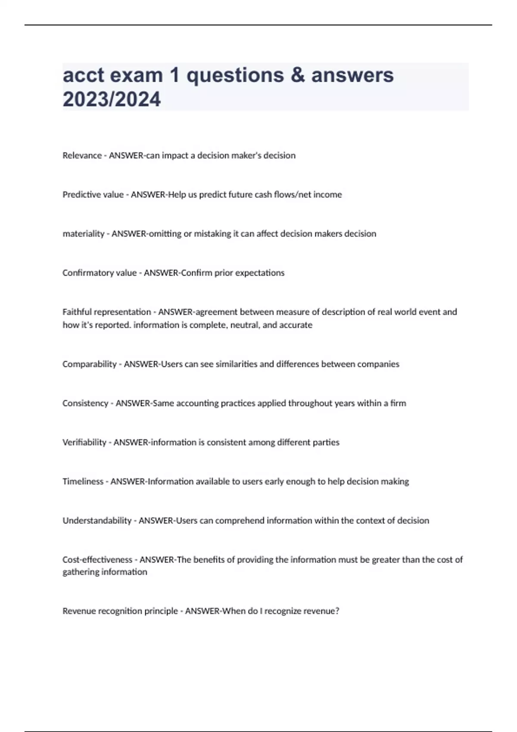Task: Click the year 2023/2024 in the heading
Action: (112, 99)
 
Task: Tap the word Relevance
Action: (82, 155)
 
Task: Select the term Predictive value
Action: (93, 195)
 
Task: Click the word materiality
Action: (84, 234)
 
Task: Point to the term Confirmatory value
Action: (100, 273)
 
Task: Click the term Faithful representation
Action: (107, 312)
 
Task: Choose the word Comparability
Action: (90, 364)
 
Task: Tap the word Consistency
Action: (85, 403)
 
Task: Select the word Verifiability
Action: (84, 442)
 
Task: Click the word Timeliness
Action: (83, 481)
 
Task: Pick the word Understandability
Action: (97, 521)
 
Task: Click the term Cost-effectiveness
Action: (97, 560)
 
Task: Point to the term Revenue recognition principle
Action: (120, 611)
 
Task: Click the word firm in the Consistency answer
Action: (398, 403)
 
